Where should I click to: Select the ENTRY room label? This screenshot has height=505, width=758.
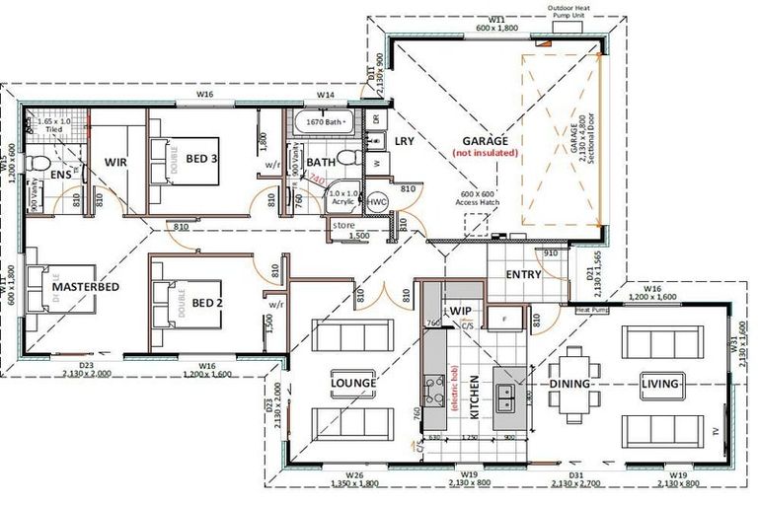click(x=522, y=274)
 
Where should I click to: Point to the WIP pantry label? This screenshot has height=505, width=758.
click(x=461, y=311)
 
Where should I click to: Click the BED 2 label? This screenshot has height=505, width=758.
click(x=207, y=303)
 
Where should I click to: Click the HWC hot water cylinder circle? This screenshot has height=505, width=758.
click(x=377, y=201)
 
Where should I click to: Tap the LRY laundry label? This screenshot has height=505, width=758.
click(x=405, y=141)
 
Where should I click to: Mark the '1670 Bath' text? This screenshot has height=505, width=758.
click(x=323, y=122)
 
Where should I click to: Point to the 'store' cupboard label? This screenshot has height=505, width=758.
click(x=343, y=224)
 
